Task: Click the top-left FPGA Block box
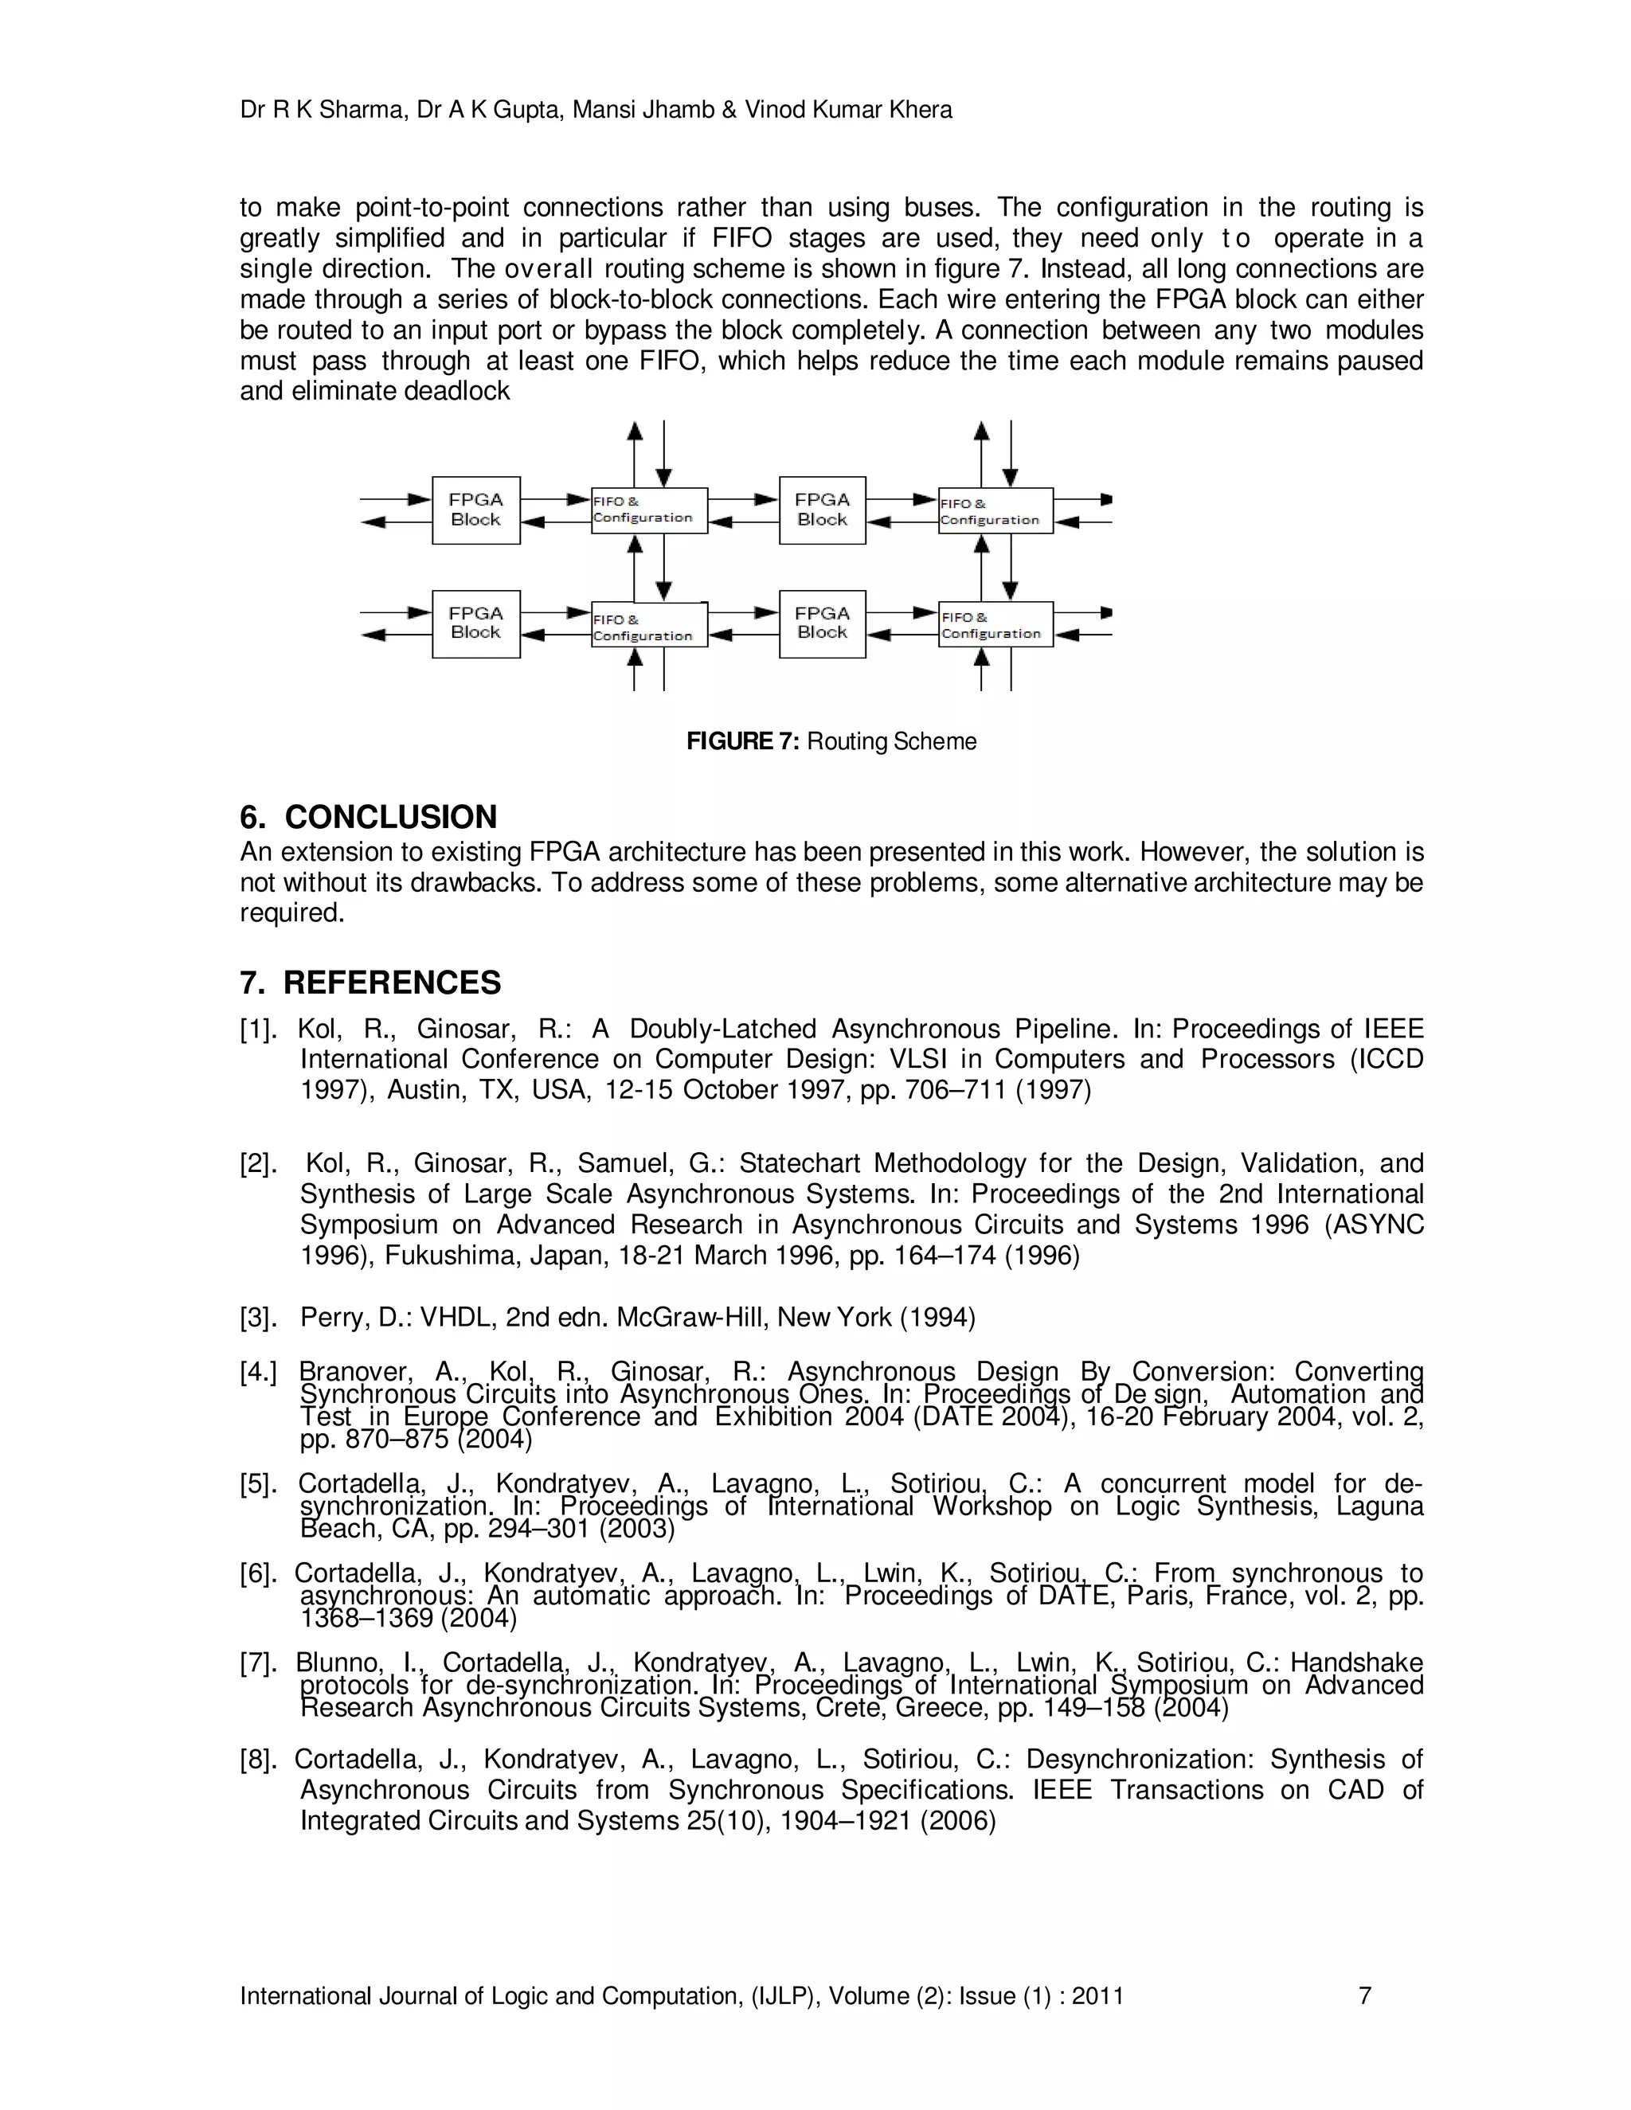475,510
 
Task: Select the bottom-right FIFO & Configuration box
995,625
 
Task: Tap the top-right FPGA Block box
822,510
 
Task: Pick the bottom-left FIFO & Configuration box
648,626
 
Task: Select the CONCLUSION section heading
389,818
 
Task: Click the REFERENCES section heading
391,983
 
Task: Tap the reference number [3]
258,1318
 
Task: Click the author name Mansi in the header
603,110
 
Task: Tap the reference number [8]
258,1760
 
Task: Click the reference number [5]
258,1484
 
